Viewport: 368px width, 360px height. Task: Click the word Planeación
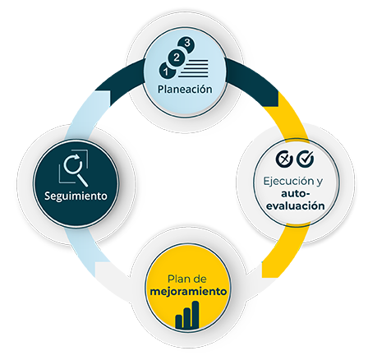pos(185,90)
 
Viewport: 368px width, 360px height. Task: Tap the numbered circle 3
pos(186,44)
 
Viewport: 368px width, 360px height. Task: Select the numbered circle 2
pos(177,58)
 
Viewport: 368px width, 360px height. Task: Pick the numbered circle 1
pos(167,70)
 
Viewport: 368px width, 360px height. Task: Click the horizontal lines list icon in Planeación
pos(194,68)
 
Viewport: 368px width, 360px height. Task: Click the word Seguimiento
pos(76,196)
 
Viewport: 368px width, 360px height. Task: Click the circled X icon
pos(284,159)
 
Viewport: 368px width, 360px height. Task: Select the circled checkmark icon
pos(306,159)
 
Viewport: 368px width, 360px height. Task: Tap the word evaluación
pos(296,206)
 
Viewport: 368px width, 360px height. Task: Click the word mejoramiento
pos(189,292)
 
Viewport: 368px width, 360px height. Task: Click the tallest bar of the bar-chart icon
pos(195,315)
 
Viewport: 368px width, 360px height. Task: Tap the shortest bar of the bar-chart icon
pos(179,321)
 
